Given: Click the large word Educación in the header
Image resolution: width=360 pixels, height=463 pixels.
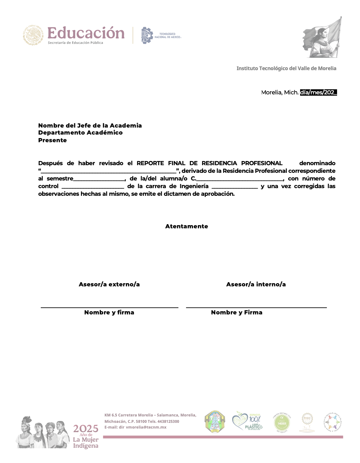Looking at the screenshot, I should pos(86,33).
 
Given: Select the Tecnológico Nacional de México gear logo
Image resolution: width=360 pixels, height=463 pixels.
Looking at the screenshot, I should pos(147,35).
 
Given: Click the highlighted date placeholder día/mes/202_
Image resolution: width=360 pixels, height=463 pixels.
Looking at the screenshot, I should pos(318,92).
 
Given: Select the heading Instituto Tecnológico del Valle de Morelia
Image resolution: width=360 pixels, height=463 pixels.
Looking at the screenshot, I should pos(286,68).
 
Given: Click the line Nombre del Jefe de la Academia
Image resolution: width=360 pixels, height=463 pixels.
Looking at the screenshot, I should pos(90,125).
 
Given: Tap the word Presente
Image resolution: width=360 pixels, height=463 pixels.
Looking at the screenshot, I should pos(53,140).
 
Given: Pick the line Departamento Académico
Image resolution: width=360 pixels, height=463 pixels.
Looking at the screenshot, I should pos(80,133).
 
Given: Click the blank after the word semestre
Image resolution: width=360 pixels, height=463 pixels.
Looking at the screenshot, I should pos(99,179).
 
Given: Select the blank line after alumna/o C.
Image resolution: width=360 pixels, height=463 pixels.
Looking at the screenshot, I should pos(240,179).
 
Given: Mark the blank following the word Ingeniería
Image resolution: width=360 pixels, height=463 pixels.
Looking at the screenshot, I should pos(234,187).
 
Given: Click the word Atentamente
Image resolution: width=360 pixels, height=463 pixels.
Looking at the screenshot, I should pos(187,226).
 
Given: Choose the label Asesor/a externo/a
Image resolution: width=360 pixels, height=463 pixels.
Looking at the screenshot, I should pos(109,284).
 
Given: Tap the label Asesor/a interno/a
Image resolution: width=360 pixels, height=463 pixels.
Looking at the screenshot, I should pos(256,284).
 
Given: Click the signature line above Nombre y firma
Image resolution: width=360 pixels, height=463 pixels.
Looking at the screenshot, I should pos(109,307).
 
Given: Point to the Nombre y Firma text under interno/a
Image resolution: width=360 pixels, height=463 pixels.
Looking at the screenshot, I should pos(237,312).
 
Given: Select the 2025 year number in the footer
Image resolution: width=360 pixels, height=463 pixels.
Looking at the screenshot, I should pos(86,429).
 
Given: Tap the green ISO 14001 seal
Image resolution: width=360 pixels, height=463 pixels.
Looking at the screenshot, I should pos(282,423).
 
